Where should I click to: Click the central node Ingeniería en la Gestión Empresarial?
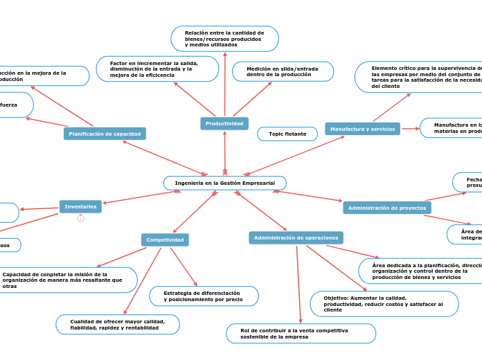click(x=225, y=183)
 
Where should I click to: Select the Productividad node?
click(x=224, y=123)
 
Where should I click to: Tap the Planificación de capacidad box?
click(x=105, y=134)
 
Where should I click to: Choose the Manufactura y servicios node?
click(x=362, y=129)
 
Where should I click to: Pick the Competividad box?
click(x=165, y=240)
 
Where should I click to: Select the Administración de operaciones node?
click(x=296, y=237)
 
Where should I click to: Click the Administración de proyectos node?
click(x=386, y=208)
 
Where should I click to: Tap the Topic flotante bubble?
click(x=287, y=134)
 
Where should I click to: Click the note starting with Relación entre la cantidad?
click(x=224, y=39)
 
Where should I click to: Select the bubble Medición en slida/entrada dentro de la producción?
click(x=283, y=71)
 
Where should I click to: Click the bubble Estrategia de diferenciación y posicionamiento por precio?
click(x=204, y=296)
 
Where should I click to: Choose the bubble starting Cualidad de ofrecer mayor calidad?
click(x=117, y=324)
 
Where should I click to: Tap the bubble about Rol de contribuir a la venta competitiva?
click(x=301, y=334)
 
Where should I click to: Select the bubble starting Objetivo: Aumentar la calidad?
click(x=384, y=304)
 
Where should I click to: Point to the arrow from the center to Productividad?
click(x=224, y=151)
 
